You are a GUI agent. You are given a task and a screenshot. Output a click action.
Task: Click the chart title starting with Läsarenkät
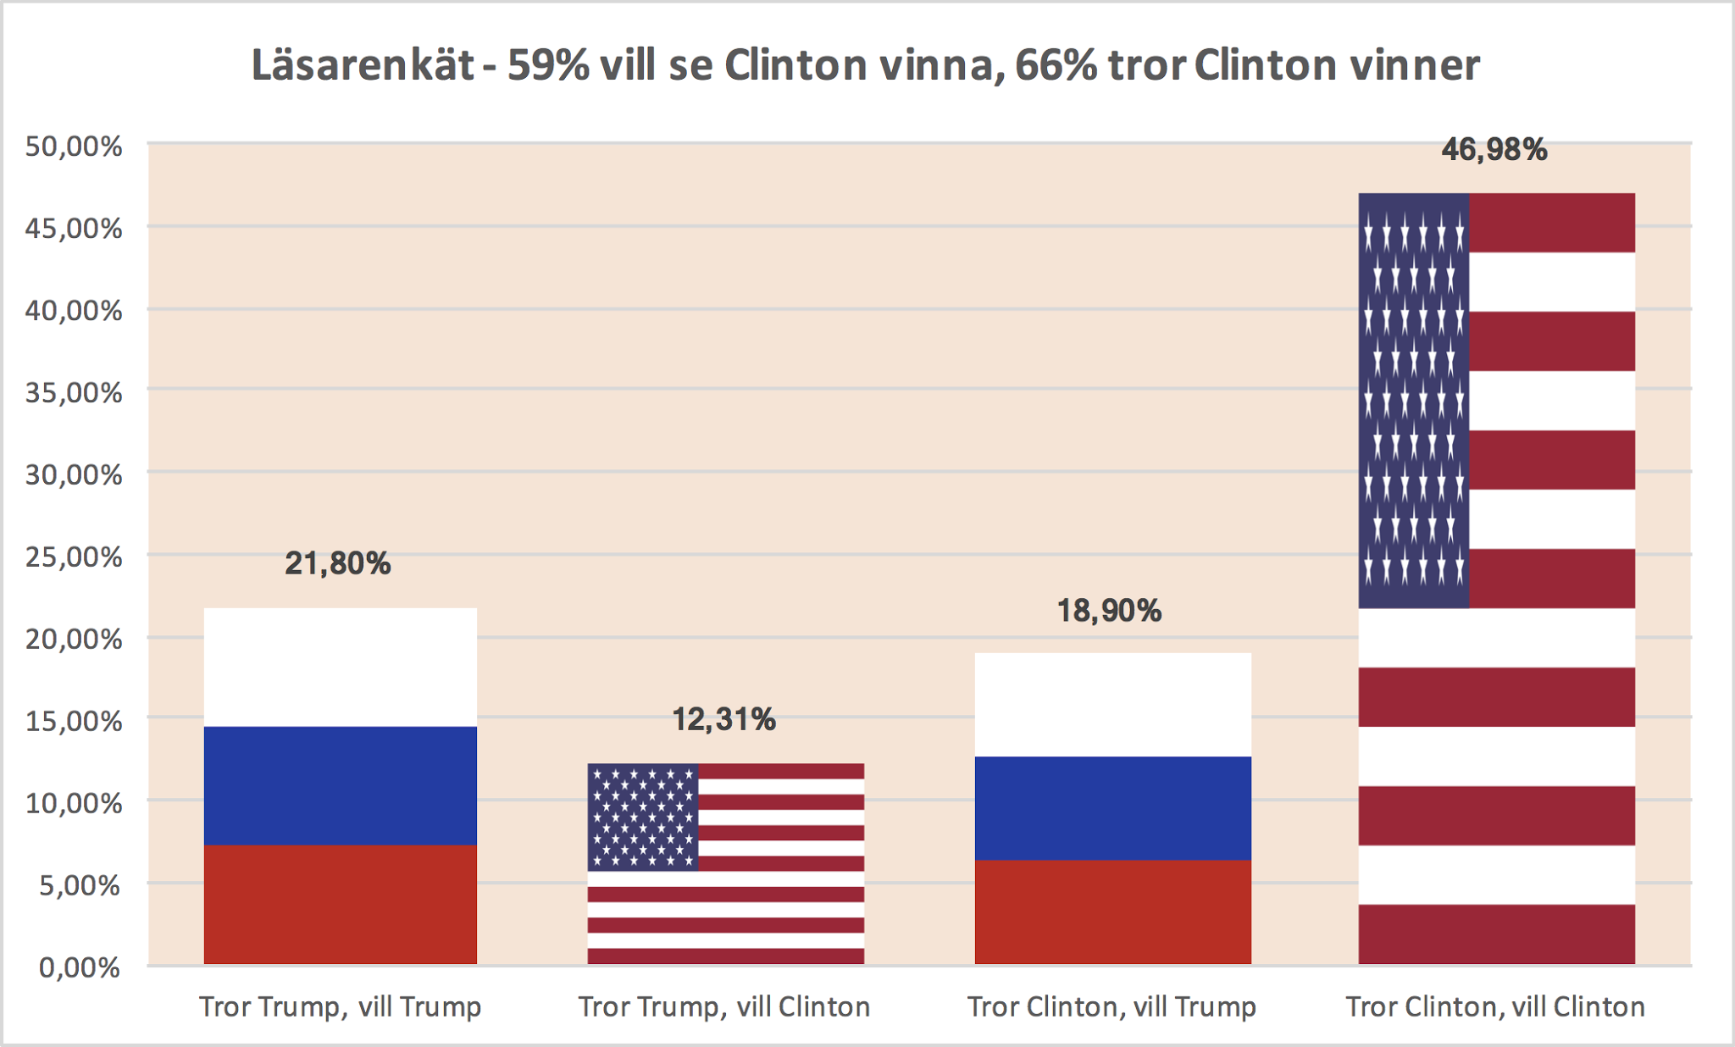click(x=865, y=66)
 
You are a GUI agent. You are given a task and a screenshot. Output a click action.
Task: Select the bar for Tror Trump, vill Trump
click(x=341, y=786)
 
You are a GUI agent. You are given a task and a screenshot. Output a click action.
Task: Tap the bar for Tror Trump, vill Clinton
click(x=726, y=864)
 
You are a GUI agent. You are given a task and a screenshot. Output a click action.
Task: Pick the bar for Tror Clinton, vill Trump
click(x=1112, y=808)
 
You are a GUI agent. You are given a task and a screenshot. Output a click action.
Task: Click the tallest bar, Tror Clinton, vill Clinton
click(x=1496, y=579)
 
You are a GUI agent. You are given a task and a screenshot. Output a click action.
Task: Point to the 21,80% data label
click(x=337, y=563)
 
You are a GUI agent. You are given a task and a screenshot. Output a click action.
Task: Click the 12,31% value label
click(x=723, y=720)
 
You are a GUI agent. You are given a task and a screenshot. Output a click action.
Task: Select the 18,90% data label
click(x=1109, y=611)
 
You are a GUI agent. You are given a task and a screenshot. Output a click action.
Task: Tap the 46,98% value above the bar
click(x=1494, y=150)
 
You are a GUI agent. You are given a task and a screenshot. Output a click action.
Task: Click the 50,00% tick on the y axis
click(x=74, y=147)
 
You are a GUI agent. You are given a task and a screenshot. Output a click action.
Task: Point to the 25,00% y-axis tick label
click(x=74, y=557)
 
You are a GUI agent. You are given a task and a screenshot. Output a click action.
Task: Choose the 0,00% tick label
click(x=80, y=967)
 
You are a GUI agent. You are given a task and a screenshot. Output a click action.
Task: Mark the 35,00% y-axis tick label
click(x=74, y=393)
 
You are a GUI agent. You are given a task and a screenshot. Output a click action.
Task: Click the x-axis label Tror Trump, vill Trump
click(x=341, y=1007)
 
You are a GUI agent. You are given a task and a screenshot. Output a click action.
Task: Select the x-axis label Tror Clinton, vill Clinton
click(x=1495, y=1007)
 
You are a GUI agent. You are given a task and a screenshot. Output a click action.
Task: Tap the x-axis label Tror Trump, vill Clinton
click(x=724, y=1007)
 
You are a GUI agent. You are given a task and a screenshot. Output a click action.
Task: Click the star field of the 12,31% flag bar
click(x=643, y=817)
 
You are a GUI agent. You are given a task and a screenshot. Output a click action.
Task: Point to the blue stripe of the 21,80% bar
click(x=341, y=785)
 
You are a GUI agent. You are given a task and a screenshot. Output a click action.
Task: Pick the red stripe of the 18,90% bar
click(x=1112, y=911)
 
